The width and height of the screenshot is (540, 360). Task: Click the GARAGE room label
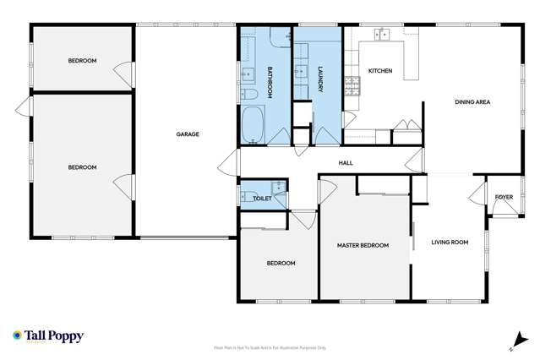(187, 134)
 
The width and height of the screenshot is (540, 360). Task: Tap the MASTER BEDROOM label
(363, 245)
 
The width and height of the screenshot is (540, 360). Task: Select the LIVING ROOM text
(450, 243)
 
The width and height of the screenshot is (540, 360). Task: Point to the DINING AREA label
(472, 102)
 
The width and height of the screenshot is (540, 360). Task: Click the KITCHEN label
(379, 71)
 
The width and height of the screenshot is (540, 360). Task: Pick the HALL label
(346, 163)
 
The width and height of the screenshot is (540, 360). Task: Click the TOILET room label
(262, 198)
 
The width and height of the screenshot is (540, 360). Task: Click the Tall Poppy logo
(48, 335)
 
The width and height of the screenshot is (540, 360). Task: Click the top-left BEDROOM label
(82, 60)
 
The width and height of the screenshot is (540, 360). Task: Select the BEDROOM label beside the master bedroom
(281, 263)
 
